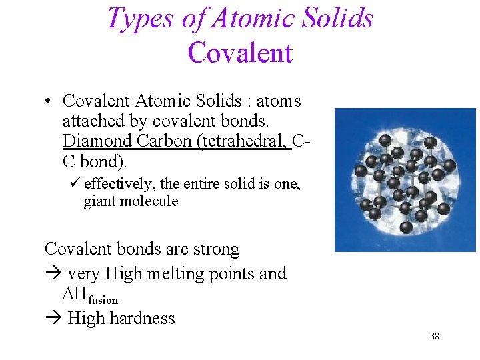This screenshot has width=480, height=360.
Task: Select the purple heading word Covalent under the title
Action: click(x=240, y=52)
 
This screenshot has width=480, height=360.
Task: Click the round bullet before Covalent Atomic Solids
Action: click(x=49, y=102)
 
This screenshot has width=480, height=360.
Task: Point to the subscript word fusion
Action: click(x=103, y=301)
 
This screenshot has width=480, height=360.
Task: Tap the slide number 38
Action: click(x=434, y=336)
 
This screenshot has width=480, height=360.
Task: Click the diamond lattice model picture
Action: click(x=405, y=179)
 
